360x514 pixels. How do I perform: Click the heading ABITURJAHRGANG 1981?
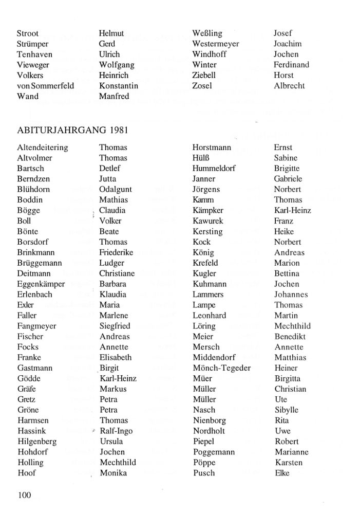(x=72, y=131)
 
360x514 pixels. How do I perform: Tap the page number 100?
(x=24, y=495)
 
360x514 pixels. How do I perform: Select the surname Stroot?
(x=28, y=33)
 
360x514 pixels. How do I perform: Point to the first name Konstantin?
(x=119, y=86)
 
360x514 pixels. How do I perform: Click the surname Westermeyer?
(x=216, y=44)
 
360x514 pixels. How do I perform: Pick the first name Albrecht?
(x=289, y=86)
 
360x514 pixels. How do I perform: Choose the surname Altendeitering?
(x=42, y=148)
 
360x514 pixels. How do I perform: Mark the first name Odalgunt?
(x=116, y=189)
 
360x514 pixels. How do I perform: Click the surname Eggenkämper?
(x=41, y=284)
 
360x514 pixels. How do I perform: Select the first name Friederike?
(x=116, y=252)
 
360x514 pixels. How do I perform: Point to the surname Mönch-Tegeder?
(x=222, y=368)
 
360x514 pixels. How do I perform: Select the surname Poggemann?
(x=214, y=452)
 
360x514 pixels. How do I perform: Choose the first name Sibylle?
(x=287, y=410)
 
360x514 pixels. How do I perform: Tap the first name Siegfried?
(x=115, y=326)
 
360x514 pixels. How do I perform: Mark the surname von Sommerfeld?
(x=46, y=86)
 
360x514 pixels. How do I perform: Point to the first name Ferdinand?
(x=291, y=65)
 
